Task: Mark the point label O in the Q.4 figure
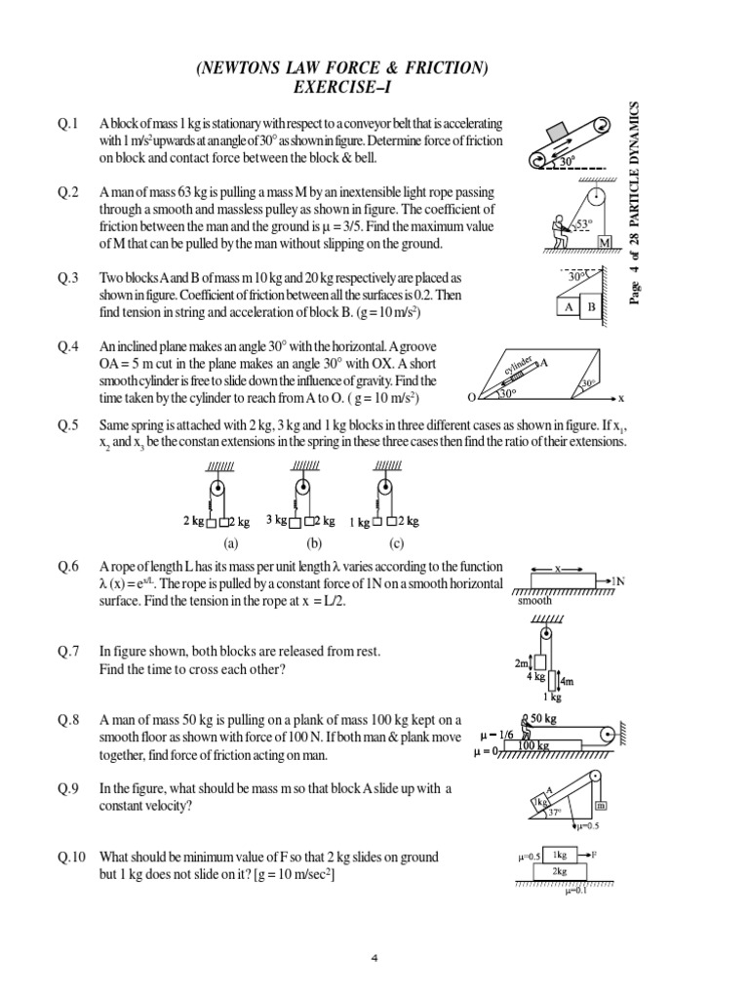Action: [x=472, y=398]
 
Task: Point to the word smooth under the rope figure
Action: [x=535, y=601]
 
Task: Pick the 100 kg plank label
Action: [x=533, y=746]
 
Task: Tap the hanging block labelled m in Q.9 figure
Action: [x=601, y=806]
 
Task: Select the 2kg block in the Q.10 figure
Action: [x=559, y=871]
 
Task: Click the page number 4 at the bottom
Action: [x=374, y=957]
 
